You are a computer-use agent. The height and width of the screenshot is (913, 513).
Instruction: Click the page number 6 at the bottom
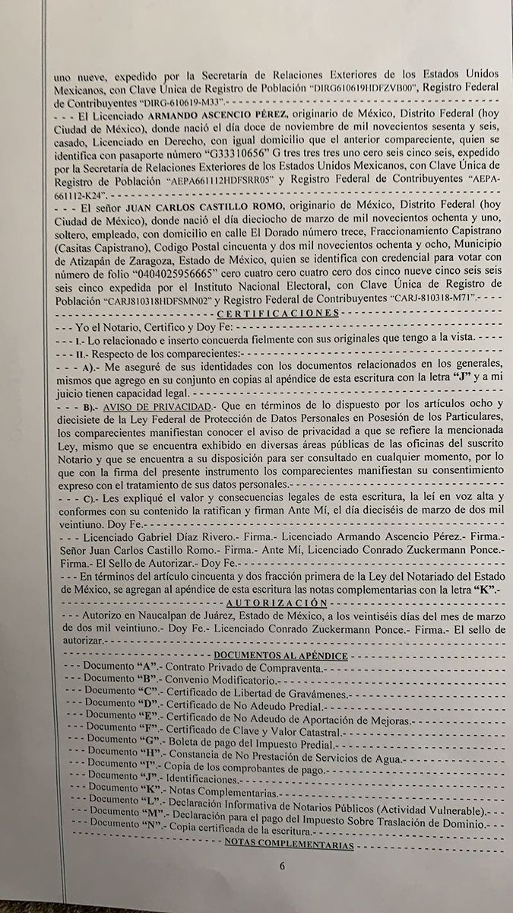click(280, 865)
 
